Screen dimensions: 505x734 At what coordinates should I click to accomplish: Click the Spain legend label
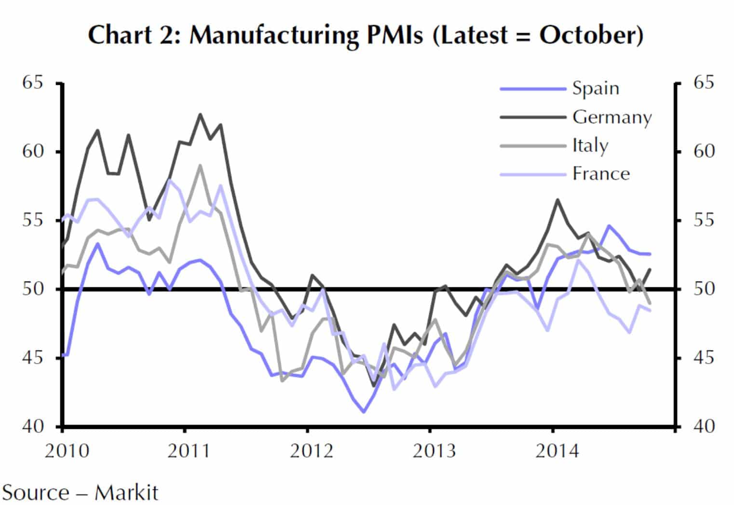click(596, 88)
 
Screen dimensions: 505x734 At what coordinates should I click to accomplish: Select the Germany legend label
click(612, 117)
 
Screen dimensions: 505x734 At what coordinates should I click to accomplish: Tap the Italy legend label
click(590, 145)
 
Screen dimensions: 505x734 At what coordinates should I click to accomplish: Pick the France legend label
click(601, 173)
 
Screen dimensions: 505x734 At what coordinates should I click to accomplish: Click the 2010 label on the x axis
click(67, 451)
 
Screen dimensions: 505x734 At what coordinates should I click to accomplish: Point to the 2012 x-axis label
click(312, 451)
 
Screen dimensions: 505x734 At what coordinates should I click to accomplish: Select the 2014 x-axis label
click(557, 451)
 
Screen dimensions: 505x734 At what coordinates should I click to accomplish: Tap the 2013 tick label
click(434, 451)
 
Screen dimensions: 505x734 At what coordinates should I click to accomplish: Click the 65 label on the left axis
click(33, 83)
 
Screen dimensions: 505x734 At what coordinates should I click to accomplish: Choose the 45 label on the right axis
click(704, 358)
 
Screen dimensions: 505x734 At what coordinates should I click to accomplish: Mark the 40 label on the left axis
click(33, 426)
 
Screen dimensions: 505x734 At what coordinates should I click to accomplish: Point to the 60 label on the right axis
click(704, 151)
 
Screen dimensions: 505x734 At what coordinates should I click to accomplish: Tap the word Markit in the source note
click(126, 493)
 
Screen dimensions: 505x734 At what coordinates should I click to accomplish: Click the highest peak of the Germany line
click(200, 114)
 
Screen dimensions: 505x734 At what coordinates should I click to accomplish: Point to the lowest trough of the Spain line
click(364, 412)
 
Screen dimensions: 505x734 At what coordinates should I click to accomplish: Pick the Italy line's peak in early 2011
click(200, 166)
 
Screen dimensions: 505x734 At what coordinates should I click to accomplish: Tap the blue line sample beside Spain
click(532, 89)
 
